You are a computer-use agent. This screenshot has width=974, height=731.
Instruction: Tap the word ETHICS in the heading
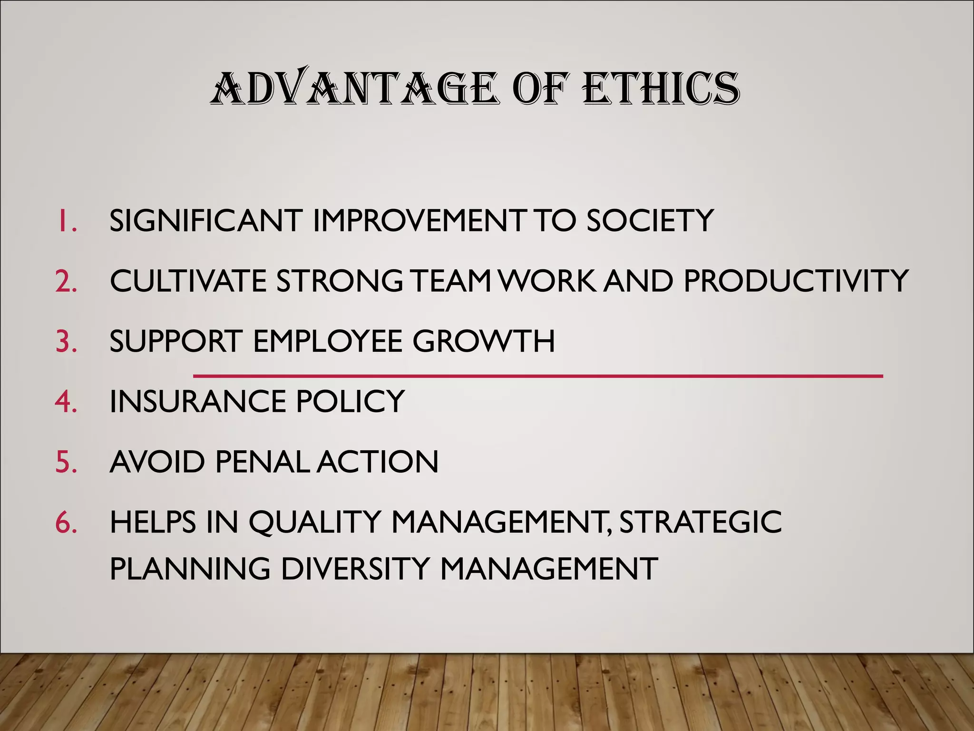coord(661,89)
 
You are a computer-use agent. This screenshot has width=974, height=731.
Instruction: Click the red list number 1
coord(67,221)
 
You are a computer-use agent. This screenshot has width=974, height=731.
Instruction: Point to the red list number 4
coord(66,401)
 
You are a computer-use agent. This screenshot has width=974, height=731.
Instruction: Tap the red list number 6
coord(66,522)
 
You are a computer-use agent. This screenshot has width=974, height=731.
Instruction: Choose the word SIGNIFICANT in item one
coord(206,221)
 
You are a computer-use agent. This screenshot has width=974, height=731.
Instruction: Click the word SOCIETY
coord(650,221)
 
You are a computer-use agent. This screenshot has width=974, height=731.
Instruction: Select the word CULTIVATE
coord(188,281)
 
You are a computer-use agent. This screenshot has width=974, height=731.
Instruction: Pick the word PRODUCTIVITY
coord(796,281)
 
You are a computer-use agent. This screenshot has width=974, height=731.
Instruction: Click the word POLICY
coord(350,401)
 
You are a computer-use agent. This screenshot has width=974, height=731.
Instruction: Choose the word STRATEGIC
coord(701,522)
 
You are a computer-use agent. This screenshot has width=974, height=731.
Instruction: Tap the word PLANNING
coord(190,569)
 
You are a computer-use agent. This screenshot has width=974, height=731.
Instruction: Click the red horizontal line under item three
coord(537,376)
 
